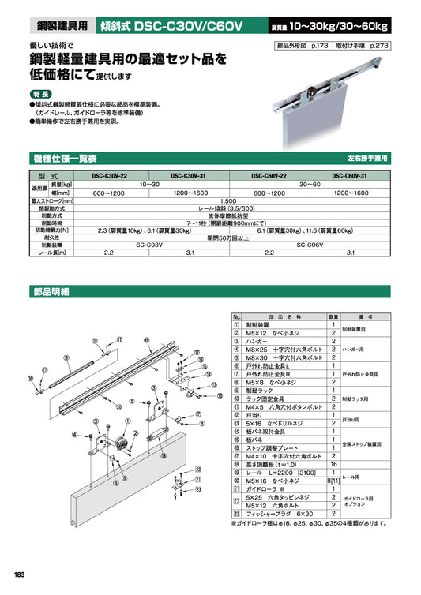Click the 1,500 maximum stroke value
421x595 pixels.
(x=228, y=201)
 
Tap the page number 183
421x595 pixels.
(x=19, y=572)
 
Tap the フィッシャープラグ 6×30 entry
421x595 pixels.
(x=280, y=514)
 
